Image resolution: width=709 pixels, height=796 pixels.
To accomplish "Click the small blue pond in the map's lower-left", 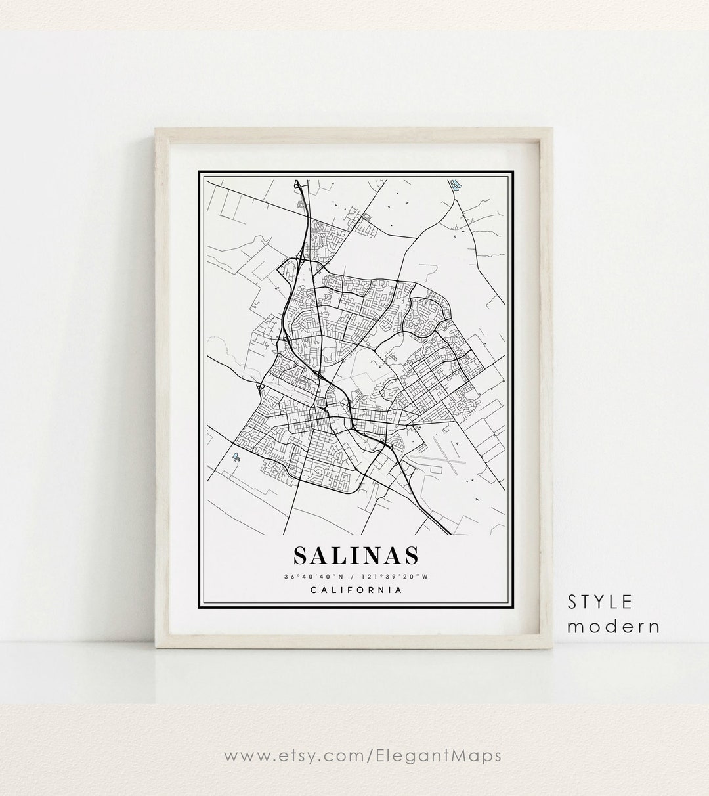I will point(236,454).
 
